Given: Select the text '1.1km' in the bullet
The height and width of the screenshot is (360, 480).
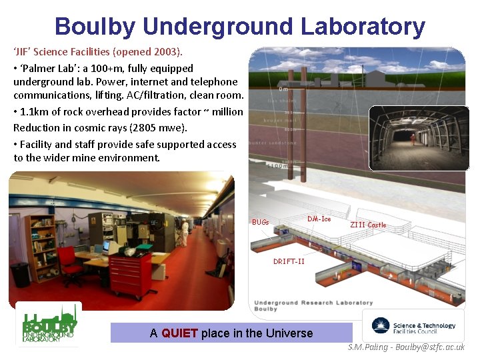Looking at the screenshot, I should tap(37, 112).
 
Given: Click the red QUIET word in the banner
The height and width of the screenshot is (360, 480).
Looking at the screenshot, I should tap(179, 333).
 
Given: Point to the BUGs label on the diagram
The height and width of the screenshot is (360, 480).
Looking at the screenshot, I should tap(260, 222).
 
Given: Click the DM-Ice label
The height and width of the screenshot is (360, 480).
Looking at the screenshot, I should tap(319, 219).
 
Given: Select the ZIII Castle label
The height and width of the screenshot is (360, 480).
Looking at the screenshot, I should tap(367, 225).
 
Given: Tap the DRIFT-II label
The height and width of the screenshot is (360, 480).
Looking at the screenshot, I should tap(289, 261).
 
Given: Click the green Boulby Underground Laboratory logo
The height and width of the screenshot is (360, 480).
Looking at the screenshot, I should tap(48, 325).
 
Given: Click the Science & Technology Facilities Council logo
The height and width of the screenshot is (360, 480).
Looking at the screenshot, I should tap(413, 326).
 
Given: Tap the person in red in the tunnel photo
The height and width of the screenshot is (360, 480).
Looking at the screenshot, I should tap(413, 138).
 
